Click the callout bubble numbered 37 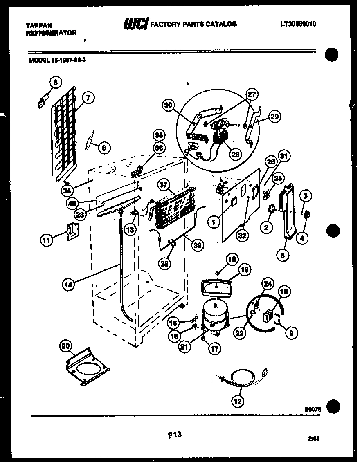164,186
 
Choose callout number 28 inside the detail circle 235,154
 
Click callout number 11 47,241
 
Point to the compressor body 214,315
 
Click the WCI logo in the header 136,25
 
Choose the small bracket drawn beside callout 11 72,231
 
